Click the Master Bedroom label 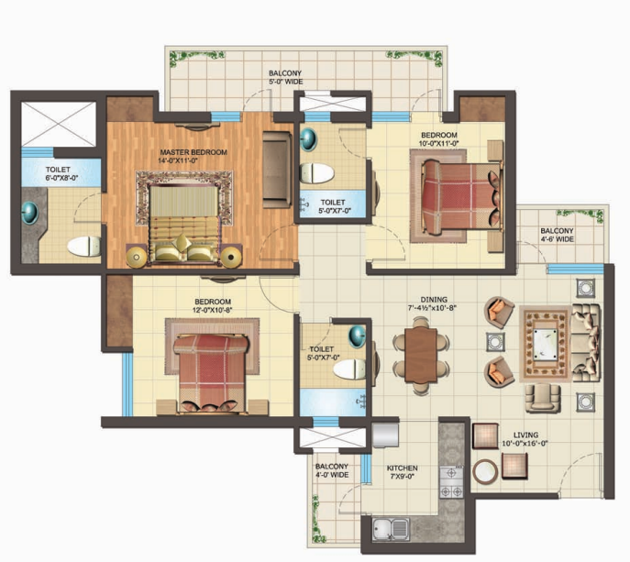pos(193,152)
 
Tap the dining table pos(421,355)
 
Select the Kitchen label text pos(403,468)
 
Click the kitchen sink pos(391,529)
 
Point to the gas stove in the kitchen pos(452,482)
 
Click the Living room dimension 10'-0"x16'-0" pos(525,444)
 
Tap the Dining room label pos(434,300)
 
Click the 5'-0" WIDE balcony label pos(285,82)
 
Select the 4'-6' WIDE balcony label pos(557,239)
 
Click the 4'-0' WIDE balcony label pos(332,475)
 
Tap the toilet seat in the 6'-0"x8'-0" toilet pos(84,247)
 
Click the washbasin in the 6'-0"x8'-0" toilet pos(29,213)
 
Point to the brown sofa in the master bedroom pos(277,169)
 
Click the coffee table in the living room pos(546,343)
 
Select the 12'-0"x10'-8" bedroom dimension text pos(213,310)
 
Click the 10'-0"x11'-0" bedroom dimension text pos(438,143)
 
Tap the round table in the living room pos(485,471)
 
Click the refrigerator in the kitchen pos(385,435)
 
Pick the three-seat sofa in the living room pos(586,343)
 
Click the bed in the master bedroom pos(184,224)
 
